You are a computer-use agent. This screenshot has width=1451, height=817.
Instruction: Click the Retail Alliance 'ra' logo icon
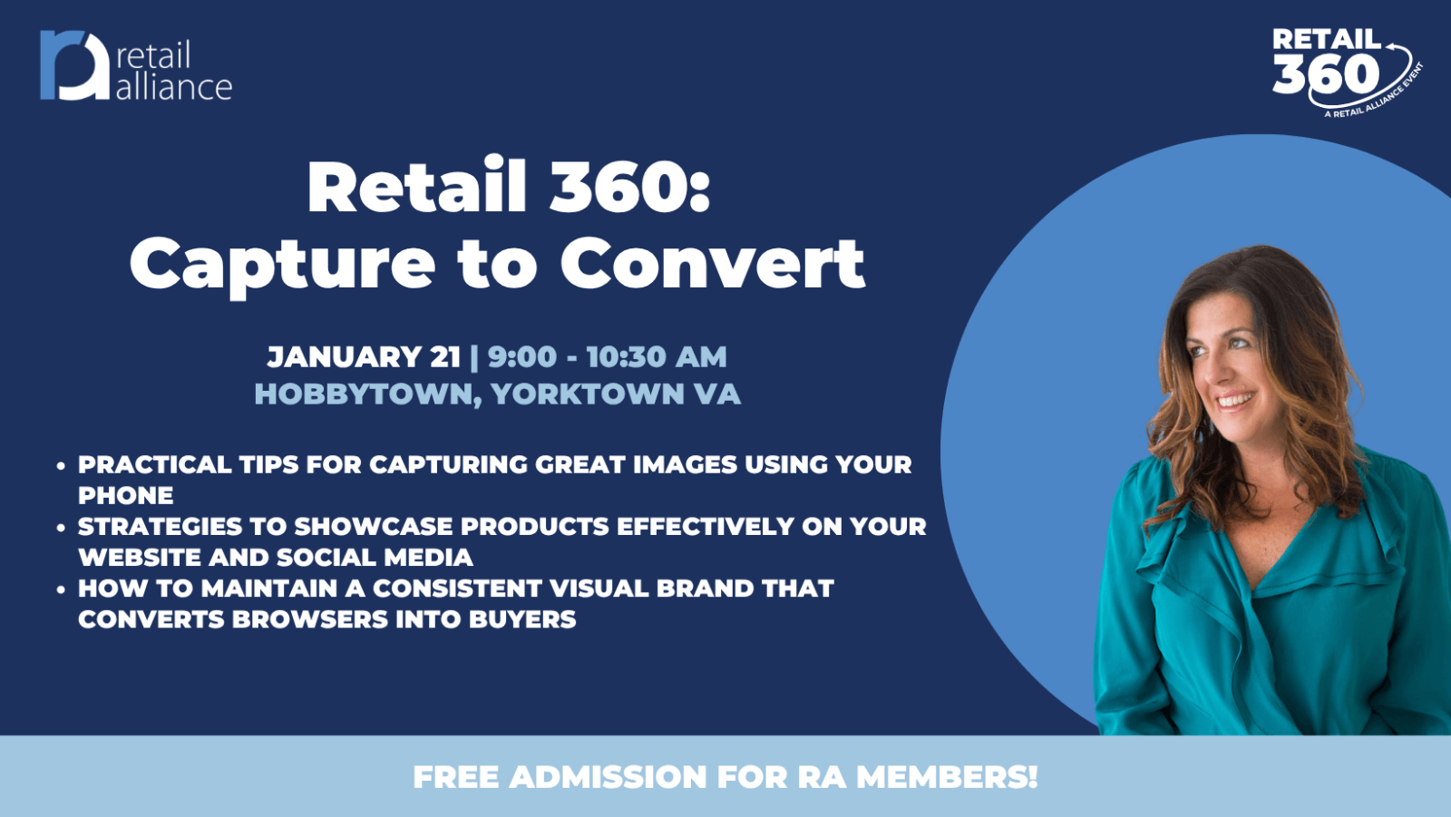pyautogui.click(x=74, y=65)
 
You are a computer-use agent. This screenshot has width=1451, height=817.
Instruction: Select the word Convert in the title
pyautogui.click(x=713, y=263)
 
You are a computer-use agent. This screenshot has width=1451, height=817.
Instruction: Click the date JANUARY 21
pyautogui.click(x=364, y=357)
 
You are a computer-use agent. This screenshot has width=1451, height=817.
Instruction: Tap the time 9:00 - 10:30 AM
pyautogui.click(x=607, y=357)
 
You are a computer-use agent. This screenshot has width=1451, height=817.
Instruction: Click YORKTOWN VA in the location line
pyautogui.click(x=616, y=394)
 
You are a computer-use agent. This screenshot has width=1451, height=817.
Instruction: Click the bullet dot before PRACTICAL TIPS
pyautogui.click(x=61, y=465)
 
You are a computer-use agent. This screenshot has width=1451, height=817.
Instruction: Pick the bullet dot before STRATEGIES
pyautogui.click(x=61, y=528)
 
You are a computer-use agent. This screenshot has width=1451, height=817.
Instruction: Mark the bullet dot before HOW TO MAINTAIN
pyautogui.click(x=61, y=589)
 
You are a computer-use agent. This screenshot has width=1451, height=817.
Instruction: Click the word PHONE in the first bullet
pyautogui.click(x=126, y=496)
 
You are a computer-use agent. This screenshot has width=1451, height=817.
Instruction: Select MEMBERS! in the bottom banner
pyautogui.click(x=947, y=777)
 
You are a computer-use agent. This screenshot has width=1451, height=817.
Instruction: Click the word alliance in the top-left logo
pyautogui.click(x=173, y=87)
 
